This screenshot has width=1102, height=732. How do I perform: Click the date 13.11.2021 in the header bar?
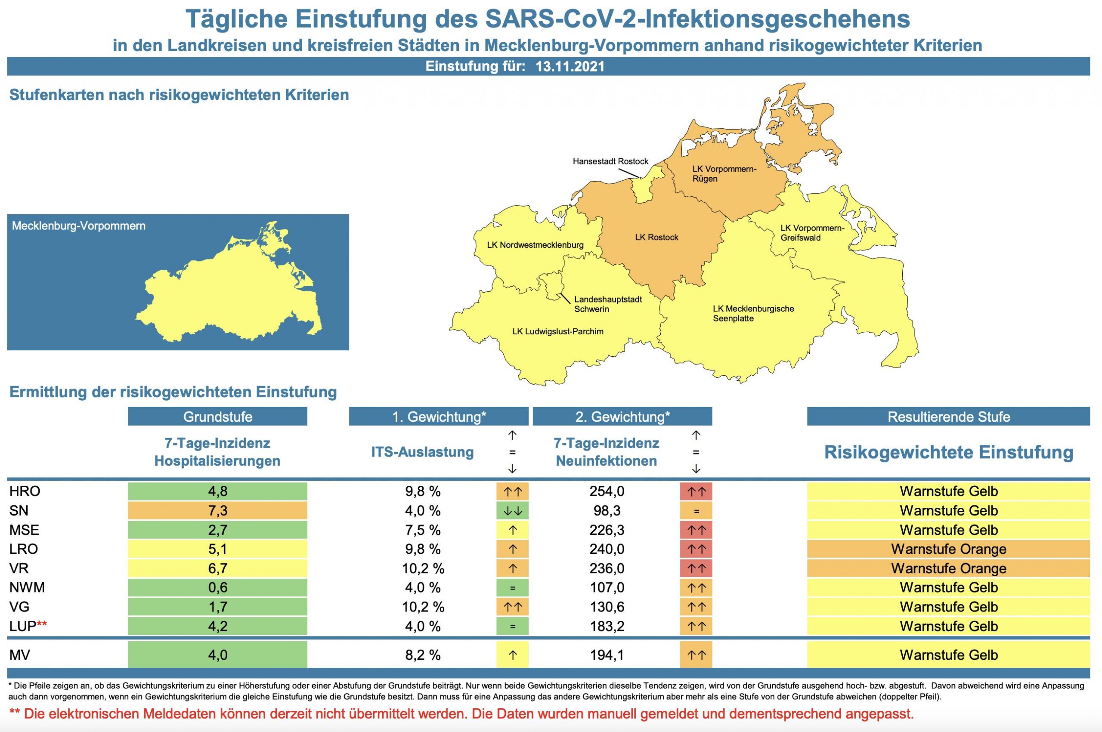(570, 66)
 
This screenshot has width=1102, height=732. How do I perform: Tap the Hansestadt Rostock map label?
(610, 161)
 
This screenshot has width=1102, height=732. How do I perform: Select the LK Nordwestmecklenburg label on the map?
(535, 245)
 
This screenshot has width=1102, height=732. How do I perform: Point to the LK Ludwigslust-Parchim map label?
(557, 331)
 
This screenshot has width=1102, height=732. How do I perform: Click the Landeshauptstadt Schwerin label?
(607, 304)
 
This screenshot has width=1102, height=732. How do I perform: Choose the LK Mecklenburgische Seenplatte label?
(753, 313)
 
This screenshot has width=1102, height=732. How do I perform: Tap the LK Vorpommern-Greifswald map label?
(812, 232)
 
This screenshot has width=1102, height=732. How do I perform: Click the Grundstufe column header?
(217, 417)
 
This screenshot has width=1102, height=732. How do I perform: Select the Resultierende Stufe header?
(948, 417)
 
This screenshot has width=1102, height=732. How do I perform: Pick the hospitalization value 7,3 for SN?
(217, 510)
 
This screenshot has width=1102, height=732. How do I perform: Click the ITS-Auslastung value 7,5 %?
(423, 530)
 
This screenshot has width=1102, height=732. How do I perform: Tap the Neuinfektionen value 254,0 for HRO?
(607, 491)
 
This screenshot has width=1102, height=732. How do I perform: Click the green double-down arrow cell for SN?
(512, 511)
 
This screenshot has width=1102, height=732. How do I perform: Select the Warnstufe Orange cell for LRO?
(948, 549)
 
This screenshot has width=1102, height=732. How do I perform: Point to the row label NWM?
(27, 587)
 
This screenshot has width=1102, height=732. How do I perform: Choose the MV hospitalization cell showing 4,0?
(217, 655)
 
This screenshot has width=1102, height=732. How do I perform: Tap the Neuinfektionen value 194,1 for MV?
(607, 655)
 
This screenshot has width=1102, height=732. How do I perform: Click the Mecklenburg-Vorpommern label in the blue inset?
(78, 226)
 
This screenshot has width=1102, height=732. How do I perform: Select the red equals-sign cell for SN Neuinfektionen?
(696, 511)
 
